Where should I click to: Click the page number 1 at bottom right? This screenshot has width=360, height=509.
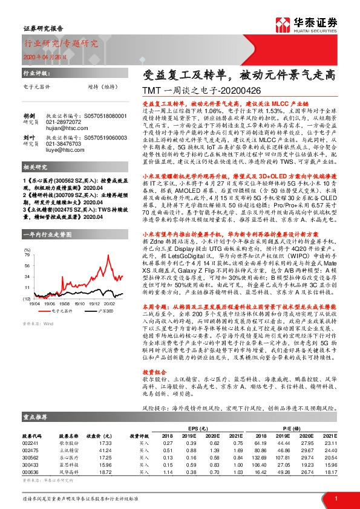pyautogui.click(x=336, y=499)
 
